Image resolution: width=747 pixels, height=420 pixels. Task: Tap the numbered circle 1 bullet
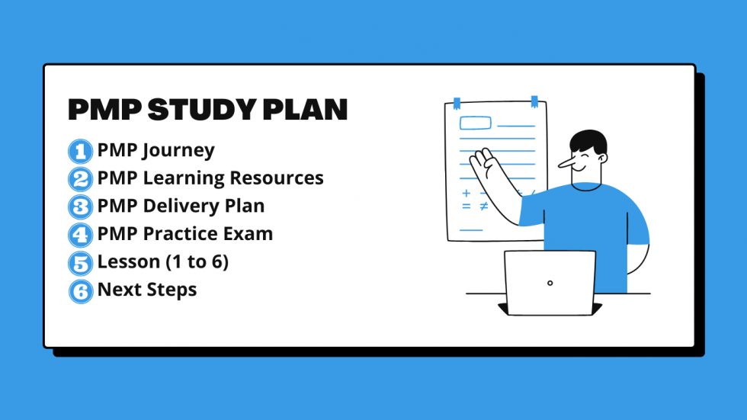tap(79, 151)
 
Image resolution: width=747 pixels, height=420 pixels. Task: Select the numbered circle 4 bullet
tap(79, 235)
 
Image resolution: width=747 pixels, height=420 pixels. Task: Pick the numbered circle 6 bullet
tap(79, 291)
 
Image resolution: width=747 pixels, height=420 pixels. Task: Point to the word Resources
tap(277, 178)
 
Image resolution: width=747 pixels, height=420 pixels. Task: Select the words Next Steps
tap(147, 290)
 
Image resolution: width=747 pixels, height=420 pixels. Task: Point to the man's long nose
tap(566, 162)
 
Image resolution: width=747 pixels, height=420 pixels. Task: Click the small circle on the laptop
tap(550, 283)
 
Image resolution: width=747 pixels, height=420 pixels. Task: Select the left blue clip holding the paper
tap(457, 102)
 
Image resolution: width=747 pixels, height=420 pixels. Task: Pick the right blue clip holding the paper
tap(534, 101)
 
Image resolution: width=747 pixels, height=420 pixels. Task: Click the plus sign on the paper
tap(466, 194)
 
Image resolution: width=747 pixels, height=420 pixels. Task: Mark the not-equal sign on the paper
tap(483, 207)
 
